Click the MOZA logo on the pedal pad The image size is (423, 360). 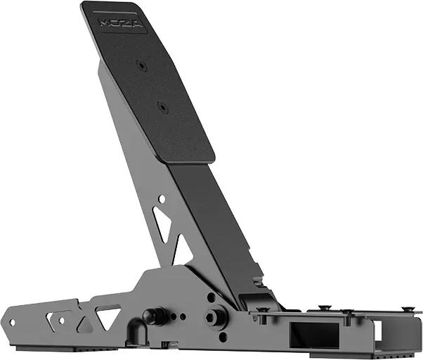[122, 23]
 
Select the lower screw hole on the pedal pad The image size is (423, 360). [162, 108]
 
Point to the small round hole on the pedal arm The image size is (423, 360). [162, 199]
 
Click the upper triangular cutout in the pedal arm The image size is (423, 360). [163, 224]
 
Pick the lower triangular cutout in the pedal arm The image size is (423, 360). [182, 252]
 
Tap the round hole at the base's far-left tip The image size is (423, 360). [11, 322]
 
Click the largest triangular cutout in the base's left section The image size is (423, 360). [108, 316]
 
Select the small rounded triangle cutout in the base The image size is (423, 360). [84, 325]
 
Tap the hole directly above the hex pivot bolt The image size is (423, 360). [211, 297]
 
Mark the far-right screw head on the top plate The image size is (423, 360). [408, 309]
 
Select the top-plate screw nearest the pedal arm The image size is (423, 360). [263, 310]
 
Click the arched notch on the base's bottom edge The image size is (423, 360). [167, 344]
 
